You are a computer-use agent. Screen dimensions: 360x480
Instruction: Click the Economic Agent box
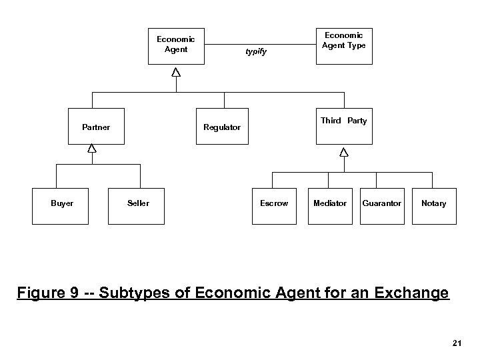click(175, 45)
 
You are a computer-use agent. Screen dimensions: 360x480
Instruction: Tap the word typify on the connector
click(256, 51)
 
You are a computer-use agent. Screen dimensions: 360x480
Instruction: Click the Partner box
click(96, 127)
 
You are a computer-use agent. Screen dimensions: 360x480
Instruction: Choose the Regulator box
click(222, 127)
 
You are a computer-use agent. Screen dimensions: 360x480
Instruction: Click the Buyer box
click(62, 203)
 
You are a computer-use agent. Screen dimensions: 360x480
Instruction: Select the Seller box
click(138, 203)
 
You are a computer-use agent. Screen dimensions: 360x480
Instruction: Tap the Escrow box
click(274, 203)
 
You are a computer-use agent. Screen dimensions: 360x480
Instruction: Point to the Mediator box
click(330, 203)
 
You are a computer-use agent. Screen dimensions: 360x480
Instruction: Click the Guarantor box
click(381, 203)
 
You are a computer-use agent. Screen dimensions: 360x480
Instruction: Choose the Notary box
click(433, 203)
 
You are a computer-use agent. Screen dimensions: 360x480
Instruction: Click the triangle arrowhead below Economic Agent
click(175, 72)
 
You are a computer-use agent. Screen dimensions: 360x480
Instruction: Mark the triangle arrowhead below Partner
click(92, 149)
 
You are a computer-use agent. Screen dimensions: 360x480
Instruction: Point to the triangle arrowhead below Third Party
click(343, 152)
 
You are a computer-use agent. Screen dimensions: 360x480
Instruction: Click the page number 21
click(457, 343)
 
